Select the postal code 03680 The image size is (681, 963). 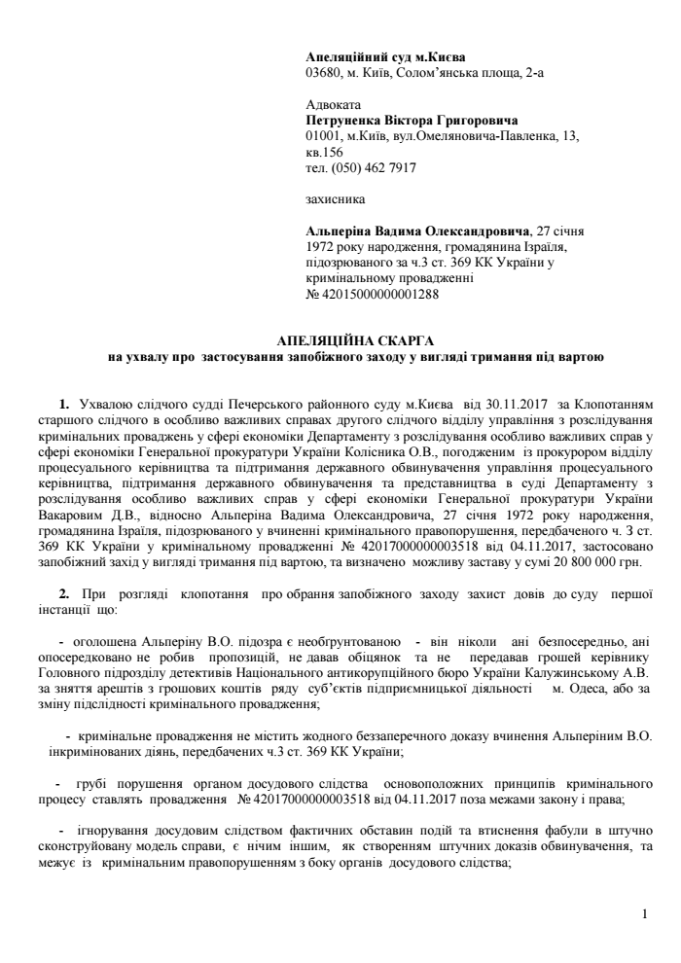(x=323, y=72)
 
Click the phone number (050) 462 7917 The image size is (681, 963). (x=372, y=167)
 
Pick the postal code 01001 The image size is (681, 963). (x=323, y=137)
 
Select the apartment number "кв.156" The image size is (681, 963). (x=324, y=153)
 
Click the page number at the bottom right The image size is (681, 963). (x=645, y=914)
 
